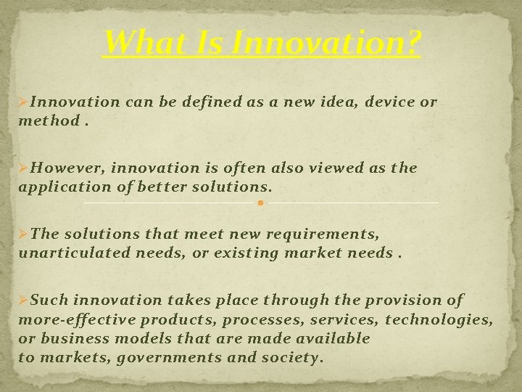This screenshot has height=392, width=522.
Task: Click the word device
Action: coord(391,102)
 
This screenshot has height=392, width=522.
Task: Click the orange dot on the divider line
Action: coord(260,203)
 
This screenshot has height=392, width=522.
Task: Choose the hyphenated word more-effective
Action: coord(77,319)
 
